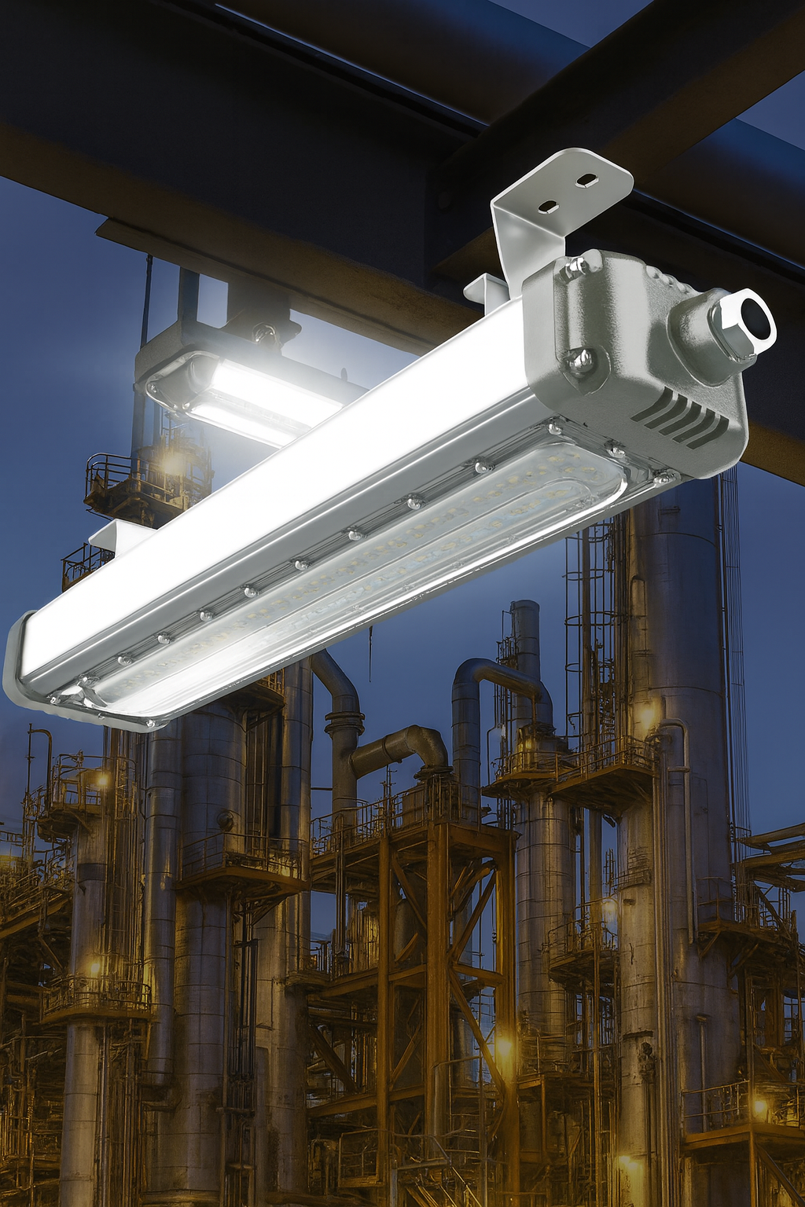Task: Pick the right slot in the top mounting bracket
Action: coord(586,181)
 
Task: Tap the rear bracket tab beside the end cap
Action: coord(483,289)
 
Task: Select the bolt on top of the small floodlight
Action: coord(264,334)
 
